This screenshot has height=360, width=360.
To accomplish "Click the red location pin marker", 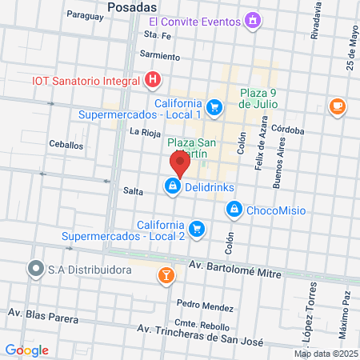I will (179, 163).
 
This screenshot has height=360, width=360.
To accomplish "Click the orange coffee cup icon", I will (337, 106).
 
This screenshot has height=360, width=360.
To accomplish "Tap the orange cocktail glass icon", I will (166, 275).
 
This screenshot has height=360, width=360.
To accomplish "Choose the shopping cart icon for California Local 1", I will (214, 106).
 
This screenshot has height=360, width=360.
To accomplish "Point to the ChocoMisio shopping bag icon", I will (234, 210).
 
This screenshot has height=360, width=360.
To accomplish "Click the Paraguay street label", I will (86, 14).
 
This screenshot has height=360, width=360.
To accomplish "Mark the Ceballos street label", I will (66, 146).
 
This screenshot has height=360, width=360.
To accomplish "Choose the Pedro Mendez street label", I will (206, 304).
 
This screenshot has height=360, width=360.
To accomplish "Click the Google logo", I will (26, 350).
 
